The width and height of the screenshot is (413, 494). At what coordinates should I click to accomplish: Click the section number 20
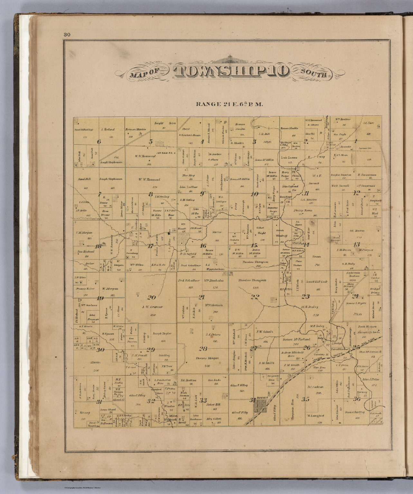(151, 297)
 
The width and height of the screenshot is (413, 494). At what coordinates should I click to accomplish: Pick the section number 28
(203, 349)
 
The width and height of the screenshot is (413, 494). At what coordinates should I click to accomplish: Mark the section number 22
(255, 297)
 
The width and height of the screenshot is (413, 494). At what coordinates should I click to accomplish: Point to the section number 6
(99, 142)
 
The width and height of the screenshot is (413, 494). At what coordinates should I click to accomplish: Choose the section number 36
(356, 399)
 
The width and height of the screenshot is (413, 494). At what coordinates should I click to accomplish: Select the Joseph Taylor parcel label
(161, 334)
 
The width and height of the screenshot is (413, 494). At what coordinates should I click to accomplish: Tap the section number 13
(356, 244)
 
